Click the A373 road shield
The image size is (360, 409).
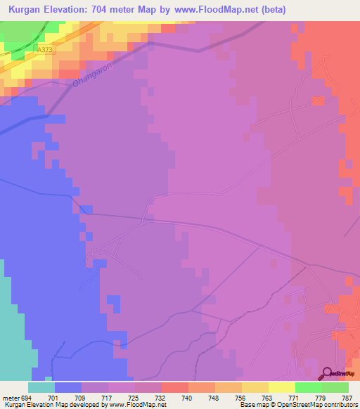45,50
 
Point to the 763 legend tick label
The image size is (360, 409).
267,398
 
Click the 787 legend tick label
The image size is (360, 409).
347,398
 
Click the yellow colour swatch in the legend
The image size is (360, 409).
281,387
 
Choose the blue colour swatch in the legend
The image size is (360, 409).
67,387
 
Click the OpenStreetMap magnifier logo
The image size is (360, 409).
326,373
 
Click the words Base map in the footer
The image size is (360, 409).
252,405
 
